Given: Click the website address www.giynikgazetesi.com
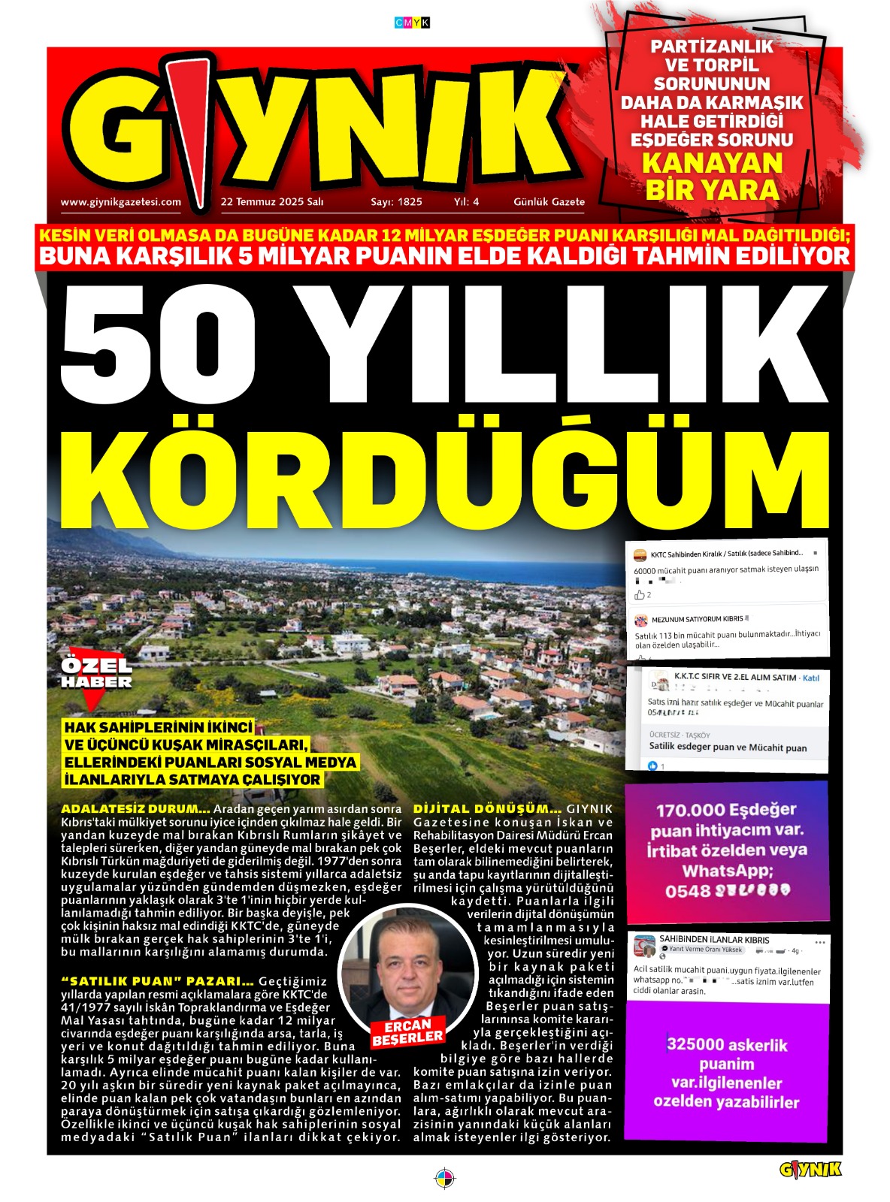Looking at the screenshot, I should tap(120, 201).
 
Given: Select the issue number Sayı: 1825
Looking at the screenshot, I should tap(396, 201).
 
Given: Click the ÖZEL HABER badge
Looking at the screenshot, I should tap(95, 674).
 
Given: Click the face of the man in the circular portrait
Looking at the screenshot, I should tap(409, 968).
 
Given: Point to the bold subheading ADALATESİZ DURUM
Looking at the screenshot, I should tap(135, 809).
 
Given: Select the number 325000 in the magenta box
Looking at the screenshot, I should tap(696, 1044).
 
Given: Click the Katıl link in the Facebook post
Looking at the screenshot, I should tap(811, 678).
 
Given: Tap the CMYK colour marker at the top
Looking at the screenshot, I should tap(412, 23).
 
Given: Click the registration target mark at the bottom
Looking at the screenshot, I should tap(445, 1177).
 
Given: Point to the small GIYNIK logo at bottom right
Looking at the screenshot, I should tap(810, 1169).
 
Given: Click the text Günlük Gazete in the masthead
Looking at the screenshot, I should tap(549, 201).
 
